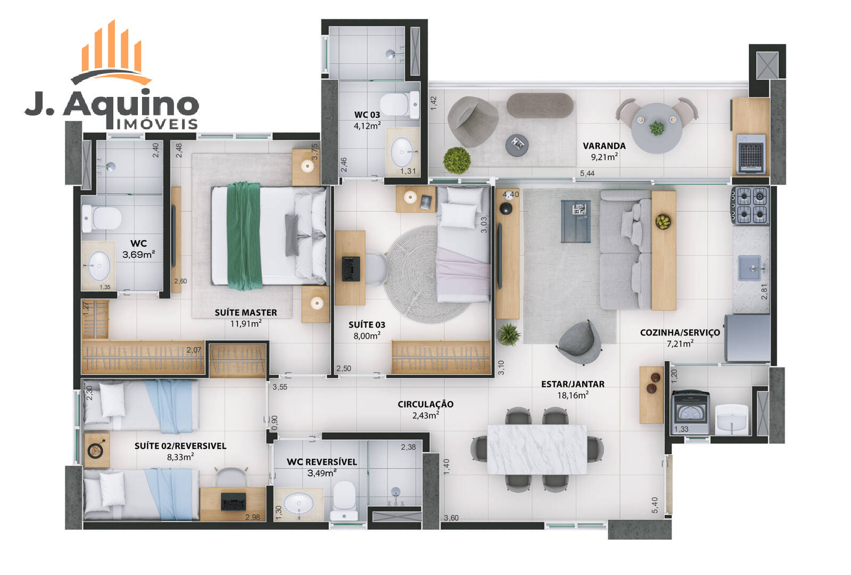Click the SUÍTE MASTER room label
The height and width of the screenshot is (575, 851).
[246, 313]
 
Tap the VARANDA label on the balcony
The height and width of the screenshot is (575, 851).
[604, 146]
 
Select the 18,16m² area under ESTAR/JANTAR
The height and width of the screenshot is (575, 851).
[573, 395]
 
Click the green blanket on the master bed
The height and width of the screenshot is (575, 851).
[244, 236]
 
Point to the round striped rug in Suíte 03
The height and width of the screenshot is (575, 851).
[427, 274]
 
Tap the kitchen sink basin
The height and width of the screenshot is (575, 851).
[749, 268]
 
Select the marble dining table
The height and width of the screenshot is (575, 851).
[537, 449]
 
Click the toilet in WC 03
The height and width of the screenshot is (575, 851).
[400, 104]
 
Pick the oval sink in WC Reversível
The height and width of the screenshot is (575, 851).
[299, 503]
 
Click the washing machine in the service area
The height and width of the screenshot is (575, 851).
[691, 412]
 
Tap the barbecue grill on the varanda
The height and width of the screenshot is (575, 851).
[751, 154]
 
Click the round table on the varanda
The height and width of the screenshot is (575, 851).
[657, 128]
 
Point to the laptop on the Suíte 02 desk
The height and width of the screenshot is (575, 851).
[233, 502]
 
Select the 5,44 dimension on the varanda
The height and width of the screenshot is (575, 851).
[587, 173]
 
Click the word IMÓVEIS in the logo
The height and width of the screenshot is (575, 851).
[156, 124]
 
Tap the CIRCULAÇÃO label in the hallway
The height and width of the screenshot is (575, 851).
[426, 404]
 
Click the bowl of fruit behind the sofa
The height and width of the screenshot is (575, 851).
[663, 221]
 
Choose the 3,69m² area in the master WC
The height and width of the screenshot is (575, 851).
[138, 254]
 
